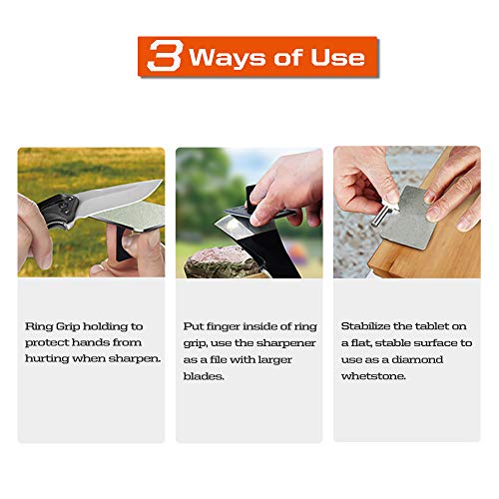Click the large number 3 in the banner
[x=163, y=57]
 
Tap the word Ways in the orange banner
[x=227, y=57]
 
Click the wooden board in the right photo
[x=394, y=261]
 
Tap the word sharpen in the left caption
[x=135, y=358]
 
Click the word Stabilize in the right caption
[x=365, y=326]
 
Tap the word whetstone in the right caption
[x=370, y=374]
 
